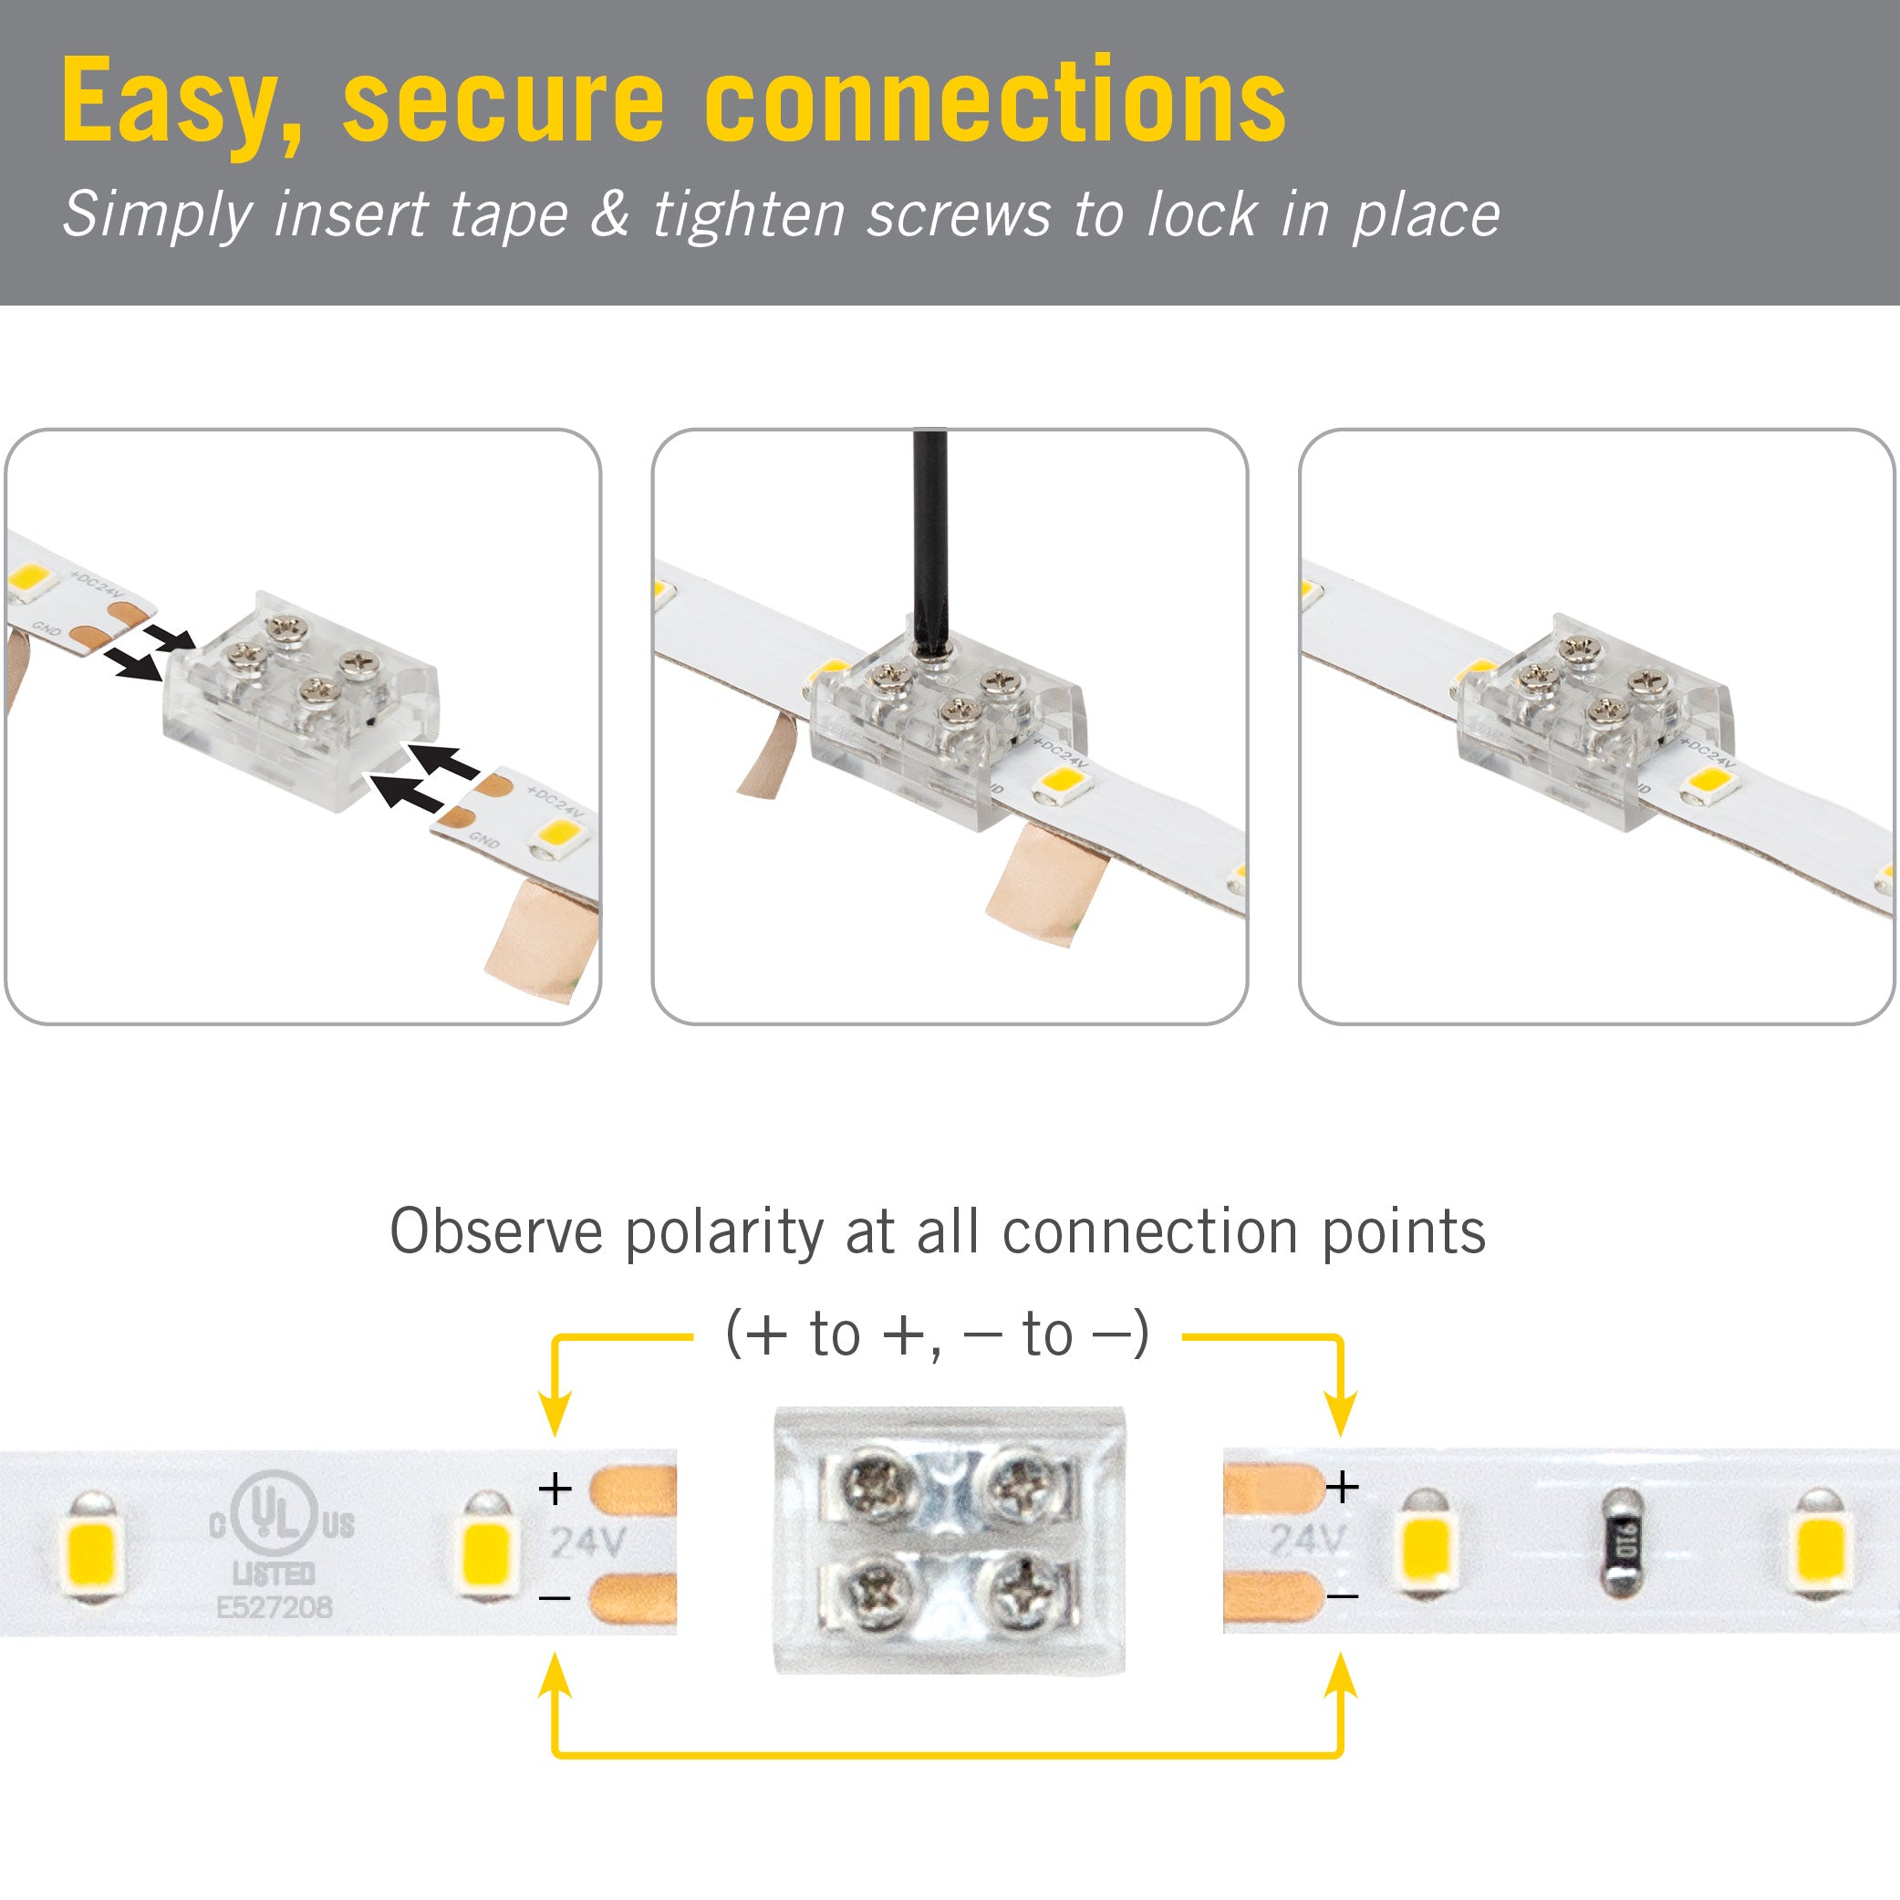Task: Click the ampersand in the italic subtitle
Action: (x=609, y=214)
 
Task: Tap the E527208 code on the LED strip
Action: (x=275, y=1607)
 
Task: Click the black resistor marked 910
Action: (x=1623, y=1543)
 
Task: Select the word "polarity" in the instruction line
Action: (x=724, y=1232)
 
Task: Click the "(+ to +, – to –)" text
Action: (x=936, y=1334)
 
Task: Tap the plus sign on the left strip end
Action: (x=555, y=1488)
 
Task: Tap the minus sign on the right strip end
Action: (x=1343, y=1595)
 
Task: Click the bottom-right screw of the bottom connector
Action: (x=1024, y=1590)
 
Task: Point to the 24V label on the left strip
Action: (x=587, y=1542)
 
